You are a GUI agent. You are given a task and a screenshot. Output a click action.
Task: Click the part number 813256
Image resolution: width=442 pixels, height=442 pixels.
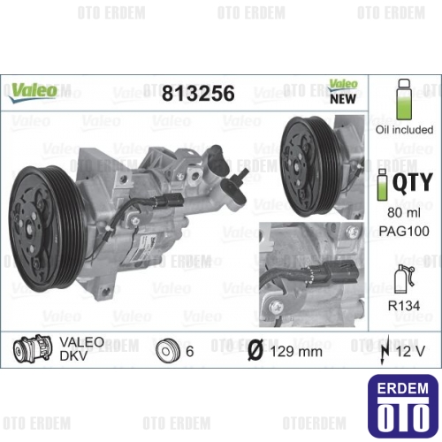(198, 93)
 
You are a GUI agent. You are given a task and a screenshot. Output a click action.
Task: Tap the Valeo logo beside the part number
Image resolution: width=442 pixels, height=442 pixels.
(33, 92)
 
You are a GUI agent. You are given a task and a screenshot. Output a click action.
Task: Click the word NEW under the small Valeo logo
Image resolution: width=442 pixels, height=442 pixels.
(343, 99)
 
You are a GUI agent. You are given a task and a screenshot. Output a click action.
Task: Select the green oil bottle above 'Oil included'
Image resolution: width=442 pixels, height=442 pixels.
(404, 99)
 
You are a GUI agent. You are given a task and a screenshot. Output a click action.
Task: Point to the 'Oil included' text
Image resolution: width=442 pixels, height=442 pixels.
(404, 130)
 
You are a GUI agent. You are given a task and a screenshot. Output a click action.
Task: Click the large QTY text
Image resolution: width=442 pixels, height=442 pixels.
(413, 182)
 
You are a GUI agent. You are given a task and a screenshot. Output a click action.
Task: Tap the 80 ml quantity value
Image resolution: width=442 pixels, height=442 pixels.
(404, 212)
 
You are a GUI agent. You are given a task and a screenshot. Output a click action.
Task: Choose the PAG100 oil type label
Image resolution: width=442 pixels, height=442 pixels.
(404, 231)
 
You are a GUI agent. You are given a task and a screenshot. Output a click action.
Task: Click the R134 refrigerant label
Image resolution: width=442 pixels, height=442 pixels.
(404, 306)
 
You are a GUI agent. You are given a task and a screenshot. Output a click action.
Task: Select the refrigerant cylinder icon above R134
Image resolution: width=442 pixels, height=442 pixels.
(404, 278)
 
